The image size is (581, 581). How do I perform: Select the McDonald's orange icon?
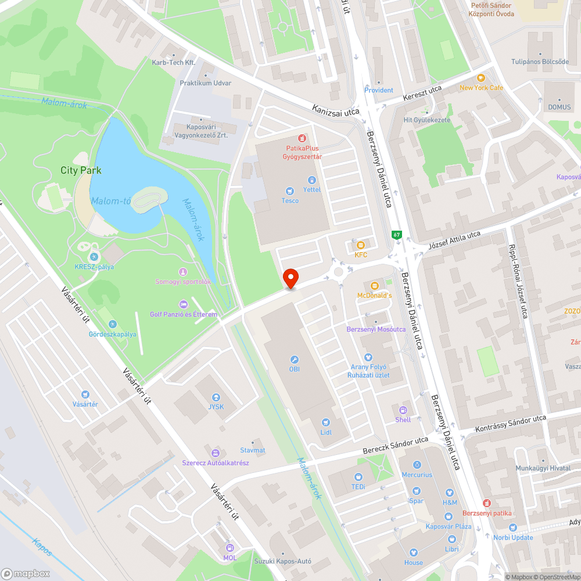(x=374, y=285)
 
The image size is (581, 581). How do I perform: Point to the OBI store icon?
(x=294, y=359)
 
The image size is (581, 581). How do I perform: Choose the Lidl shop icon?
(x=325, y=422)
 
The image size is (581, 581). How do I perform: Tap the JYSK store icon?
(x=216, y=397)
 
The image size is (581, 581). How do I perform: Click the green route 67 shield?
(x=396, y=235)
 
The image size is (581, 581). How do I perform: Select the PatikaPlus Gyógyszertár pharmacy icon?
(x=302, y=138)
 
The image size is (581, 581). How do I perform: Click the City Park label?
(x=81, y=170)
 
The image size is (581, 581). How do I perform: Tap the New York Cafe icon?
(x=480, y=78)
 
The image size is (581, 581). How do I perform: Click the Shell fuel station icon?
(x=403, y=410)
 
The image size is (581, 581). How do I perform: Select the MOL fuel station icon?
(x=230, y=548)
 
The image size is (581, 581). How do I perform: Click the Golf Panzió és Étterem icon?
(x=184, y=304)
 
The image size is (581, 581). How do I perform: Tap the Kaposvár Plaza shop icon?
(x=448, y=516)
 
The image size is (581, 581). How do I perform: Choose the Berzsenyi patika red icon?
(x=487, y=503)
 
